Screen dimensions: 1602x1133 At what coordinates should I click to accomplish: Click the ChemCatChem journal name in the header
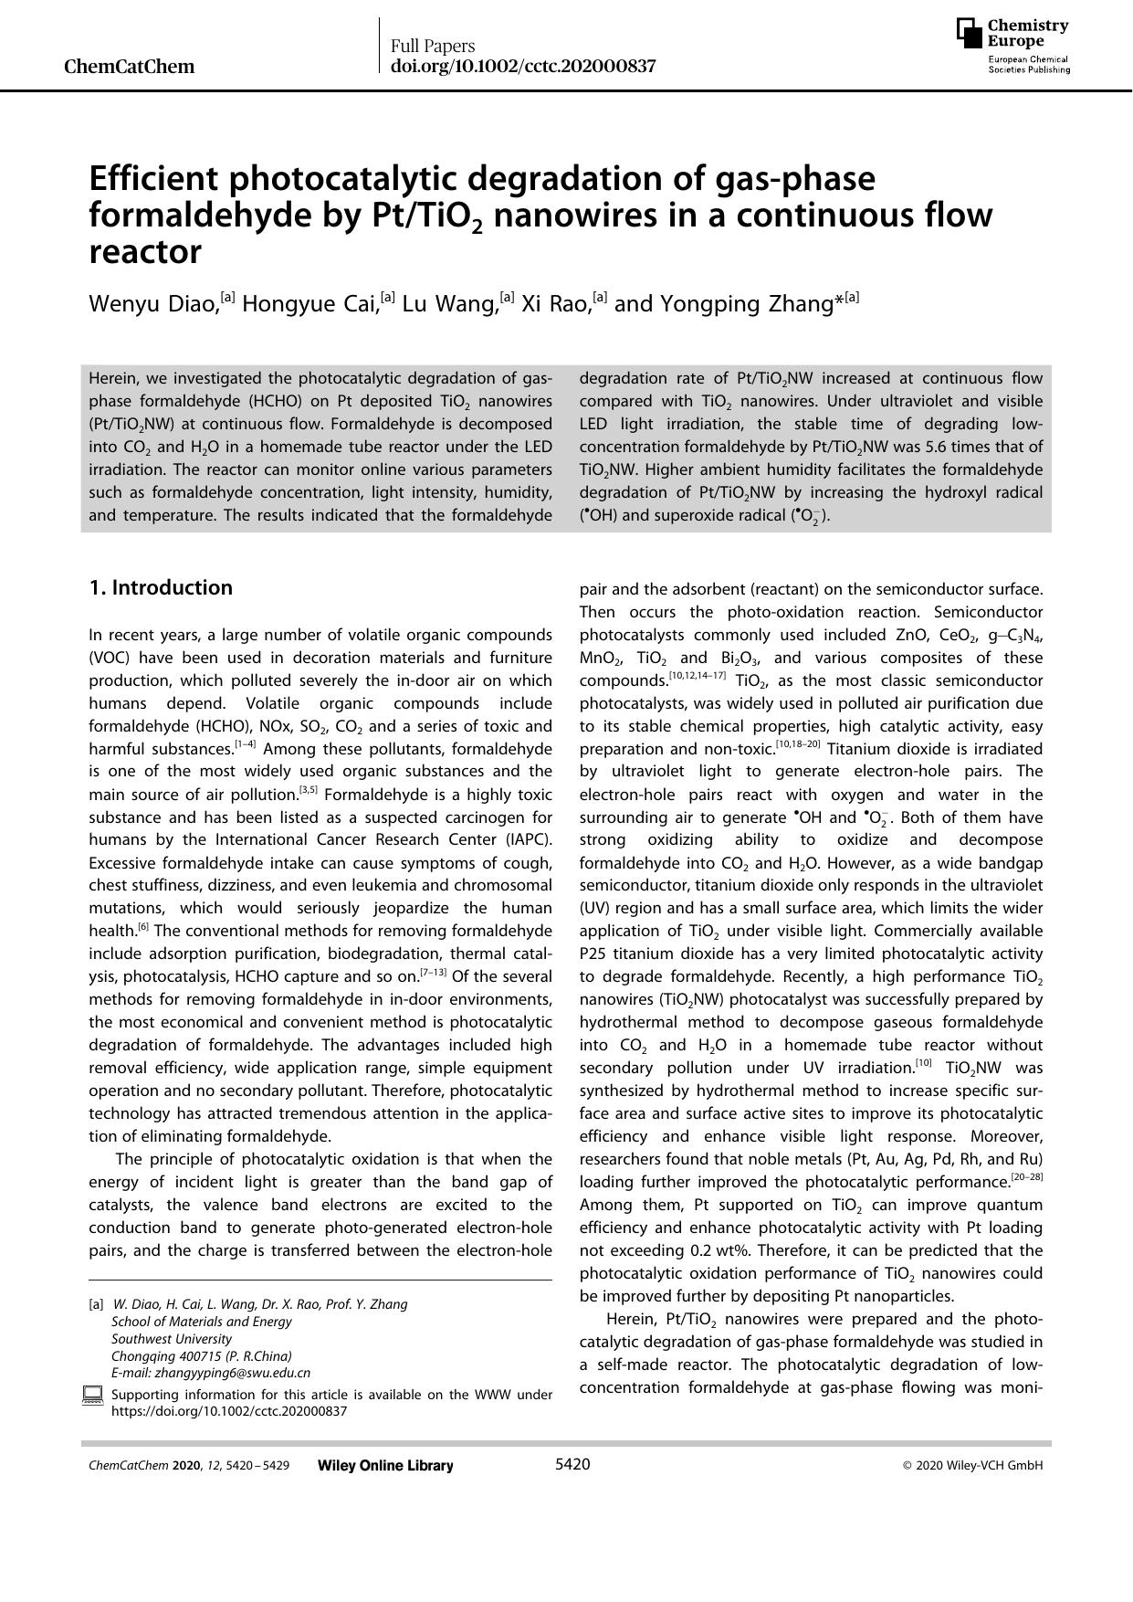pyautogui.click(x=130, y=66)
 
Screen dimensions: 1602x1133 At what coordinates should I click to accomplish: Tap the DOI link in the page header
pyautogui.click(x=522, y=66)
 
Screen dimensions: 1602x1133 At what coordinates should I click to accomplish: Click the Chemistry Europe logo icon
pyautogui.click(x=970, y=33)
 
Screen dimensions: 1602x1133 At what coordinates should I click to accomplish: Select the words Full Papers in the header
pyautogui.click(x=433, y=45)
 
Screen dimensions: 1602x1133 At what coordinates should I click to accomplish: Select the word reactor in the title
pyautogui.click(x=144, y=252)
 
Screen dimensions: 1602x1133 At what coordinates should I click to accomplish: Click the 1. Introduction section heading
pyautogui.click(x=161, y=587)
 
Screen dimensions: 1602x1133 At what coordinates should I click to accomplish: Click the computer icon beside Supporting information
pyautogui.click(x=92, y=1395)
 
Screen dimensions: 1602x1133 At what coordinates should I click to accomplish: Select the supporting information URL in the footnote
pyautogui.click(x=229, y=1410)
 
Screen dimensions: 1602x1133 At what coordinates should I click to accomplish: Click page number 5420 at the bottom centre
pyautogui.click(x=572, y=1464)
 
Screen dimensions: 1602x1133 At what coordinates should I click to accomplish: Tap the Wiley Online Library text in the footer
pyautogui.click(x=385, y=1465)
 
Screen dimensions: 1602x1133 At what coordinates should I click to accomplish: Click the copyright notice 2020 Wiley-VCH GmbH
pyautogui.click(x=972, y=1465)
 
